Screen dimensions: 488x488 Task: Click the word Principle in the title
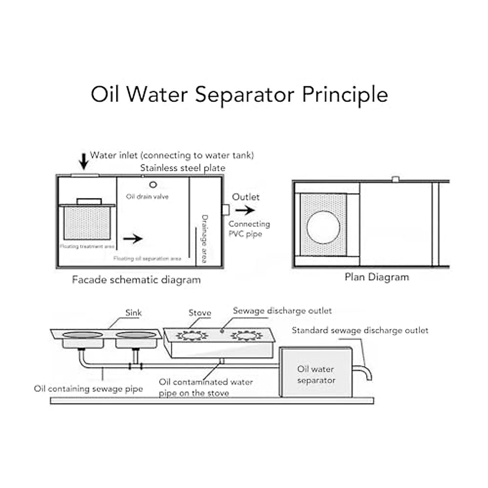345,95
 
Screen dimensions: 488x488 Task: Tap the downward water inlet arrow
84,161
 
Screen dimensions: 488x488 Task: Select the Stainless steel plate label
183,168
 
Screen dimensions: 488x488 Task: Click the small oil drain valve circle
153,185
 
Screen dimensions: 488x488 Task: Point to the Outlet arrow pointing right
245,210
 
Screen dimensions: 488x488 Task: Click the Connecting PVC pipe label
248,229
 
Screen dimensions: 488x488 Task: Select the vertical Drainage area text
205,239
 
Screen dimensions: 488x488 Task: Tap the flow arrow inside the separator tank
133,239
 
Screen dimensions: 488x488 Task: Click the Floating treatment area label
87,246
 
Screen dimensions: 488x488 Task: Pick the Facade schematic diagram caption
136,280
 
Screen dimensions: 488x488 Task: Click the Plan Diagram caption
377,277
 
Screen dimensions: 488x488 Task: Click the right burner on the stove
246,336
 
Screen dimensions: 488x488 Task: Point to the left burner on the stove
192,336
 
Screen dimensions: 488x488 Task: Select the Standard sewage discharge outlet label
360,331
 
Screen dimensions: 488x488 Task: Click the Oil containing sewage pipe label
89,389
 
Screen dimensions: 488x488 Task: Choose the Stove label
200,313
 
